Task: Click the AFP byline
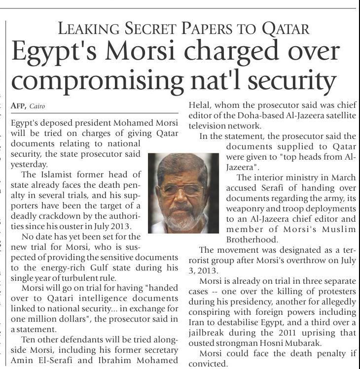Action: coord(17,106)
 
